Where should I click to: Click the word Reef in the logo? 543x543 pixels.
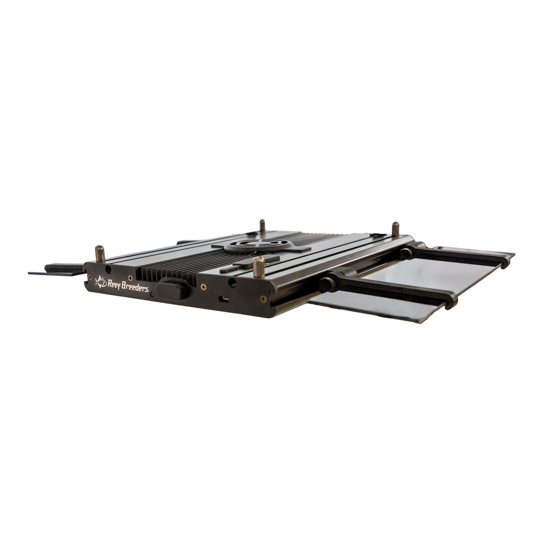tap(114, 284)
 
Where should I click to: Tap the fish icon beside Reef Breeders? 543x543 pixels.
tap(101, 282)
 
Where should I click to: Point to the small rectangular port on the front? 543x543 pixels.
tap(225, 299)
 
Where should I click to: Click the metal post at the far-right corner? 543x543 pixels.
tap(396, 229)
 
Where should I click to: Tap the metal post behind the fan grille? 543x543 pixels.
tap(262, 226)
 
